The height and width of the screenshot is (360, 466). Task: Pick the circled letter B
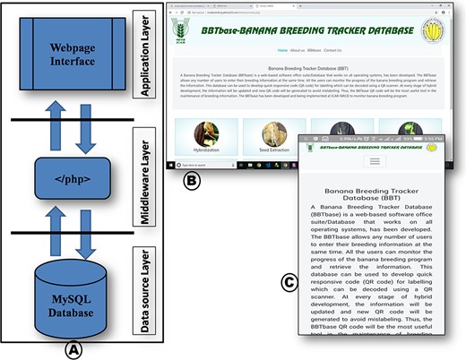(x=190, y=179)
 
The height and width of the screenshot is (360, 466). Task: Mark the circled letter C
(x=289, y=284)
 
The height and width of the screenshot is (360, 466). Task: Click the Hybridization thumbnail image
(x=207, y=135)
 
